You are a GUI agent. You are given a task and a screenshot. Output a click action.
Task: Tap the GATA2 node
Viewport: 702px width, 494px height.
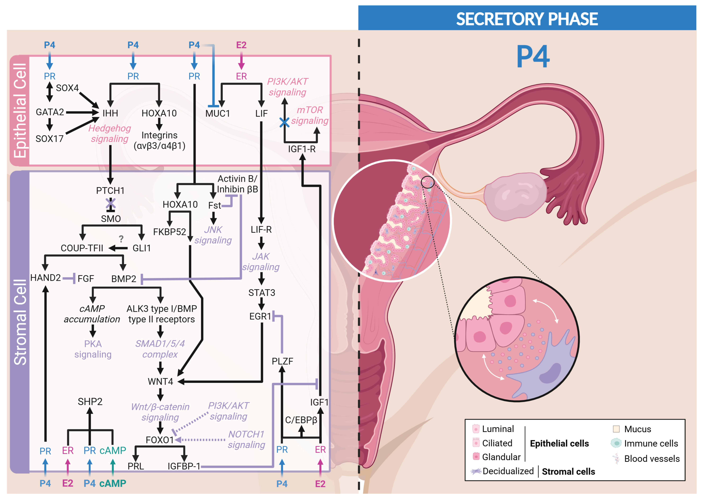(50, 112)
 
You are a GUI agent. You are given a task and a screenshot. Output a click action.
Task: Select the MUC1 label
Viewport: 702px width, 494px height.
(217, 114)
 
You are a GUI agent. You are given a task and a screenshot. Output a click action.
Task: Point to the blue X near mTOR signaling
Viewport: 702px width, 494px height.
(284, 123)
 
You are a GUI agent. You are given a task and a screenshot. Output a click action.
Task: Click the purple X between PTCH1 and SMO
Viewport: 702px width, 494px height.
(110, 203)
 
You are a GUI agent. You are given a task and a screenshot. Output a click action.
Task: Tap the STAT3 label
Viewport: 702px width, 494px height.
(261, 293)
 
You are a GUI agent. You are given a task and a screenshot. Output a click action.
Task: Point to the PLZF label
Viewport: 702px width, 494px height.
(282, 361)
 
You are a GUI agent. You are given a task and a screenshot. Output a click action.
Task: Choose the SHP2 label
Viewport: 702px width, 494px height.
(90, 401)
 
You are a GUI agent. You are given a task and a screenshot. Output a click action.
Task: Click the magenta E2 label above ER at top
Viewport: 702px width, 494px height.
(241, 45)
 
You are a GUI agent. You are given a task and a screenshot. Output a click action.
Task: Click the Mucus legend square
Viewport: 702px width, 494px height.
(616, 429)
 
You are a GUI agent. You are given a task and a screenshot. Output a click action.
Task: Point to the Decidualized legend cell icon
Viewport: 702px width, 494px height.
(476, 471)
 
